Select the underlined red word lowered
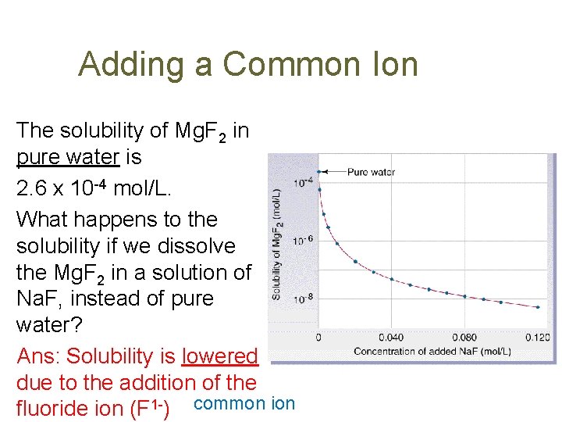coord(219,356)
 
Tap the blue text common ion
coord(244,403)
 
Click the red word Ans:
coord(39,356)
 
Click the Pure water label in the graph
coord(371,172)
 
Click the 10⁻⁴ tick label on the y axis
coord(303,183)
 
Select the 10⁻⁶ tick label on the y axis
coord(303,241)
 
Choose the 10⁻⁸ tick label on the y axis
coord(303,298)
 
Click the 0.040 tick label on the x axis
coord(391,338)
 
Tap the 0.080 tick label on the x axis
coord(464,338)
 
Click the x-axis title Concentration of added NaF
coord(432,351)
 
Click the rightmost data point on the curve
coord(538,307)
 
